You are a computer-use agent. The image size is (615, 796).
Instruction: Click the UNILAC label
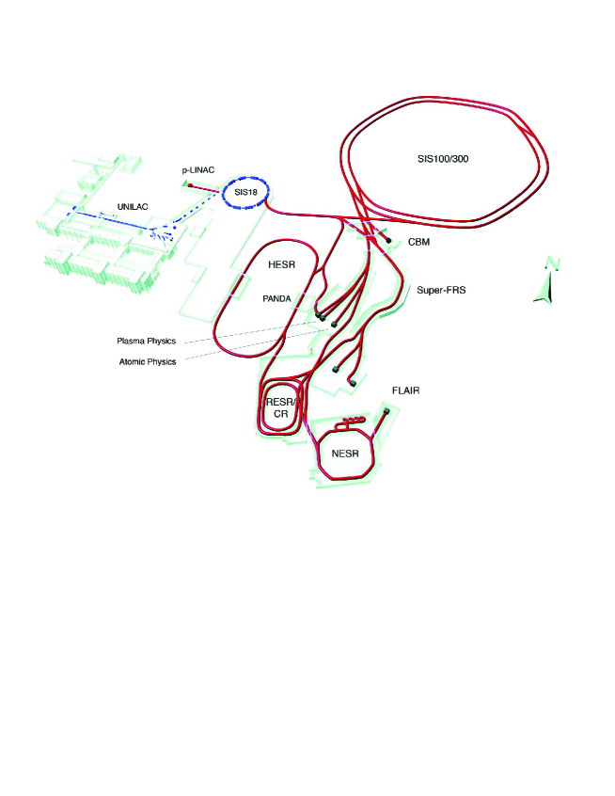tap(133, 207)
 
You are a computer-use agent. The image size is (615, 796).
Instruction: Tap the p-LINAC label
tap(197, 170)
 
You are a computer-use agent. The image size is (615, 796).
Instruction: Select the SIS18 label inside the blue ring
tap(245, 192)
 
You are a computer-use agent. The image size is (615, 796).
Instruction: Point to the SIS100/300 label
tap(443, 159)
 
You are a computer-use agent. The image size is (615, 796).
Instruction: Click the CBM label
tap(419, 242)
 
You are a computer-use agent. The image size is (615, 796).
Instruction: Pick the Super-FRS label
tap(441, 291)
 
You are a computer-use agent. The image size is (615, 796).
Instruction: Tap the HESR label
tap(281, 265)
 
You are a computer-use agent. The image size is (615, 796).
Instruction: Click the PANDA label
tap(276, 299)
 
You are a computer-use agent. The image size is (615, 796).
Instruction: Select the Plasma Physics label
tap(146, 342)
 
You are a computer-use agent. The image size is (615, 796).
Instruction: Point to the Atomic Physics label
tap(148, 362)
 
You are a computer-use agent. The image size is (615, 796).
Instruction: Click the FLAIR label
tap(406, 390)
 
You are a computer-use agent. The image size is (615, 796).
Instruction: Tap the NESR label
tap(345, 454)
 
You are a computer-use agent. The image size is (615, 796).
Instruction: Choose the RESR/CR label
tap(280, 408)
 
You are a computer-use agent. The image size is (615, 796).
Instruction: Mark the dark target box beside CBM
tap(388, 240)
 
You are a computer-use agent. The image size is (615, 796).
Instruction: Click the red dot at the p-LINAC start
tap(190, 185)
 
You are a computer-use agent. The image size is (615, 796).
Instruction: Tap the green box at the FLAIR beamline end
tap(387, 410)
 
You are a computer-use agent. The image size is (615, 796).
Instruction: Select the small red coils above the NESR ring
tap(352, 421)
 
